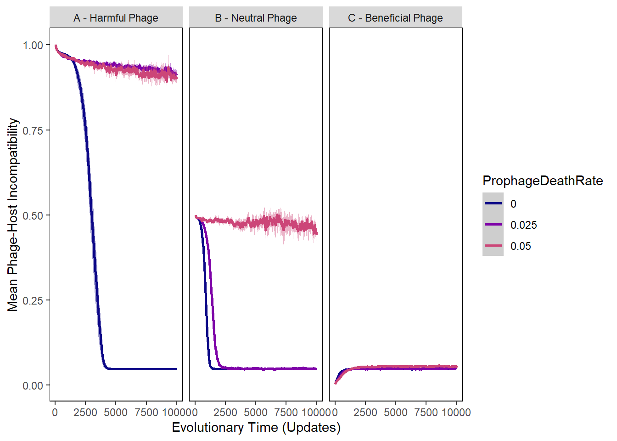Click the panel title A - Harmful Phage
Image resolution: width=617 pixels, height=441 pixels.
(116, 18)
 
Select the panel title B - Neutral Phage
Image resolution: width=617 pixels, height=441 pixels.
(256, 18)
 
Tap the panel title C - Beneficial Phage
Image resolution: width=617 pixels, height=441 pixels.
(395, 18)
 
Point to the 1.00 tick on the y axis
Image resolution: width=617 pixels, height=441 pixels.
(33, 45)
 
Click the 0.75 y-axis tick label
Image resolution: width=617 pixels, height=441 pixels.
(33, 130)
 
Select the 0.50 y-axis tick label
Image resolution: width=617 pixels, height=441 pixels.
(33, 215)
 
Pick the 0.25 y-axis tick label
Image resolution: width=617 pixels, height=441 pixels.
(33, 300)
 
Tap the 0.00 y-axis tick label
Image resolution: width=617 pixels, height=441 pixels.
(33, 385)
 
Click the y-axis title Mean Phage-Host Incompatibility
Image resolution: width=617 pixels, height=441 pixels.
(13, 215)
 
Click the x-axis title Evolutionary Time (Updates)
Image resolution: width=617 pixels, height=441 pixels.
(256, 427)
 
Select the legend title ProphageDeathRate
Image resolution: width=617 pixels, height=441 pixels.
(543, 181)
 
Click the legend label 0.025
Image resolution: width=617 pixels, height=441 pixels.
(523, 225)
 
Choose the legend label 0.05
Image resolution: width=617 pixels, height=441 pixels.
(521, 246)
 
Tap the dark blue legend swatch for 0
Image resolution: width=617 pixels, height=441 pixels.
(493, 204)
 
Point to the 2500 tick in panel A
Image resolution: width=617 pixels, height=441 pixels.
(85, 412)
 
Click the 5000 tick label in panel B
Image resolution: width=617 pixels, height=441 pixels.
(256, 412)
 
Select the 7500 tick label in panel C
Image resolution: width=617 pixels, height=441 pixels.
(426, 412)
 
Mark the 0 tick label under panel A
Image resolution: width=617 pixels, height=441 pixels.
(55, 412)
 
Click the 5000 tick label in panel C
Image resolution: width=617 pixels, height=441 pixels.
(396, 412)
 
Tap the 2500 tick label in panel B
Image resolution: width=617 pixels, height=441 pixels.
(225, 412)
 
